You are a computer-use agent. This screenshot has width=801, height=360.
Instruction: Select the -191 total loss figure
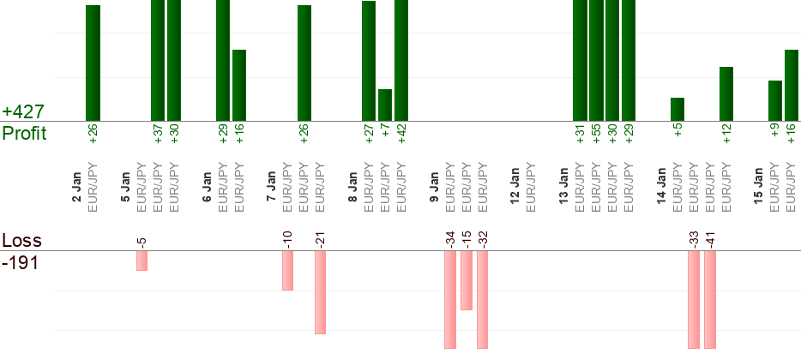21,262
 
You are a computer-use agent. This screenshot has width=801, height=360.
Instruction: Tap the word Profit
25,134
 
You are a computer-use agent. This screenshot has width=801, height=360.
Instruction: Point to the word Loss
21,240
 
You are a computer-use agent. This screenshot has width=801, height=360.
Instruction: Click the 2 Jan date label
77,188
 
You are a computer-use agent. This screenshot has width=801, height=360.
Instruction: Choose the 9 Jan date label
435,188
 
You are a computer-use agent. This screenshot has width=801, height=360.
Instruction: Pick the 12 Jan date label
515,188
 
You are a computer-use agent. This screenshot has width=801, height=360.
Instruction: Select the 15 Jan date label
759,188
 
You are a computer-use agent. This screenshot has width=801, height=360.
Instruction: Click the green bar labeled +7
385,105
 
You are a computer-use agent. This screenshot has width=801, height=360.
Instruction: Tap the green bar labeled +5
678,109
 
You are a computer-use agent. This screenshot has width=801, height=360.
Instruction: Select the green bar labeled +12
726,93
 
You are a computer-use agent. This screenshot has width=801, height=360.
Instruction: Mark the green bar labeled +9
775,100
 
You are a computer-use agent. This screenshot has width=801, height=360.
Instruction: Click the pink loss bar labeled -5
142,261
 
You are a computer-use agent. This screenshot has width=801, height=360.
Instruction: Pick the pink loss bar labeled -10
288,270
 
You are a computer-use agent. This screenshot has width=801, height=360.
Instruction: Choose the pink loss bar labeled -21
321,291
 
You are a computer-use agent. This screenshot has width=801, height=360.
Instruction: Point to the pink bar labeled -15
467,280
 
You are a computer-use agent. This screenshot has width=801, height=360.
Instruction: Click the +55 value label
596,135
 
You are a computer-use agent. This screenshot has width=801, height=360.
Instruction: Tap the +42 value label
401,135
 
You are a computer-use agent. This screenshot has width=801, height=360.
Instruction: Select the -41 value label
710,238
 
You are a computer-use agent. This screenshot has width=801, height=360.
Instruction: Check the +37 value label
158,135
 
